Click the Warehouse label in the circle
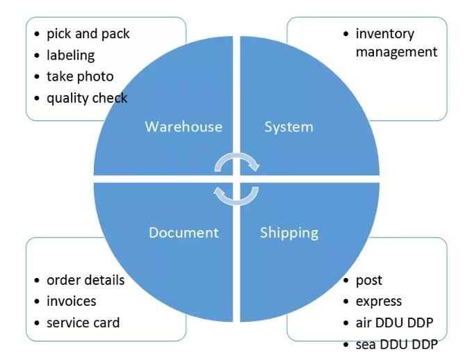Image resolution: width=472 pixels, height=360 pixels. pos(184,126)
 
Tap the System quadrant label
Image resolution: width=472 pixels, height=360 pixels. pos(289,126)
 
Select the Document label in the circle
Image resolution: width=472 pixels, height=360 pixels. pos(184,232)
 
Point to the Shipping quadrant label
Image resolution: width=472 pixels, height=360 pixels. pos(289,232)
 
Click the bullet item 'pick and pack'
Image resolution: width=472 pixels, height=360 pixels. pos(88,33)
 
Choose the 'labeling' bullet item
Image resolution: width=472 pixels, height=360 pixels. pos(70,55)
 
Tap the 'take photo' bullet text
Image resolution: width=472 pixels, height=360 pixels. pos(80,76)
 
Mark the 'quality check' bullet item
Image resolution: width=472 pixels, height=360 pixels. pos(87,98)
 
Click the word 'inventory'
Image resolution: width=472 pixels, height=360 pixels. pos(384,33)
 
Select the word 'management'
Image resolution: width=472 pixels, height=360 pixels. pos(396,52)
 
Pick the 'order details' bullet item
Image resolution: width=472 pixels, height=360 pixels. pos(86,280)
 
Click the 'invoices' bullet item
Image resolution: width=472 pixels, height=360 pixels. pos(71,301)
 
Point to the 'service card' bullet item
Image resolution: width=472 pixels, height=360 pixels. pos(83,322)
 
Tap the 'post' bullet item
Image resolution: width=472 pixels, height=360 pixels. pos(369,280)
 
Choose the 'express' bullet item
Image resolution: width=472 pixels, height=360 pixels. pos(379,301)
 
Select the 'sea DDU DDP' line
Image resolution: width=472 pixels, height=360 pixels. pos(396,344)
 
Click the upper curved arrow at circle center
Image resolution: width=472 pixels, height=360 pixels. pos(236,162)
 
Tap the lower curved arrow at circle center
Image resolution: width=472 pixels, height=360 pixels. pos(236,196)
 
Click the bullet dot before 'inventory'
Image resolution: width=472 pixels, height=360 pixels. pos(345,33)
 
